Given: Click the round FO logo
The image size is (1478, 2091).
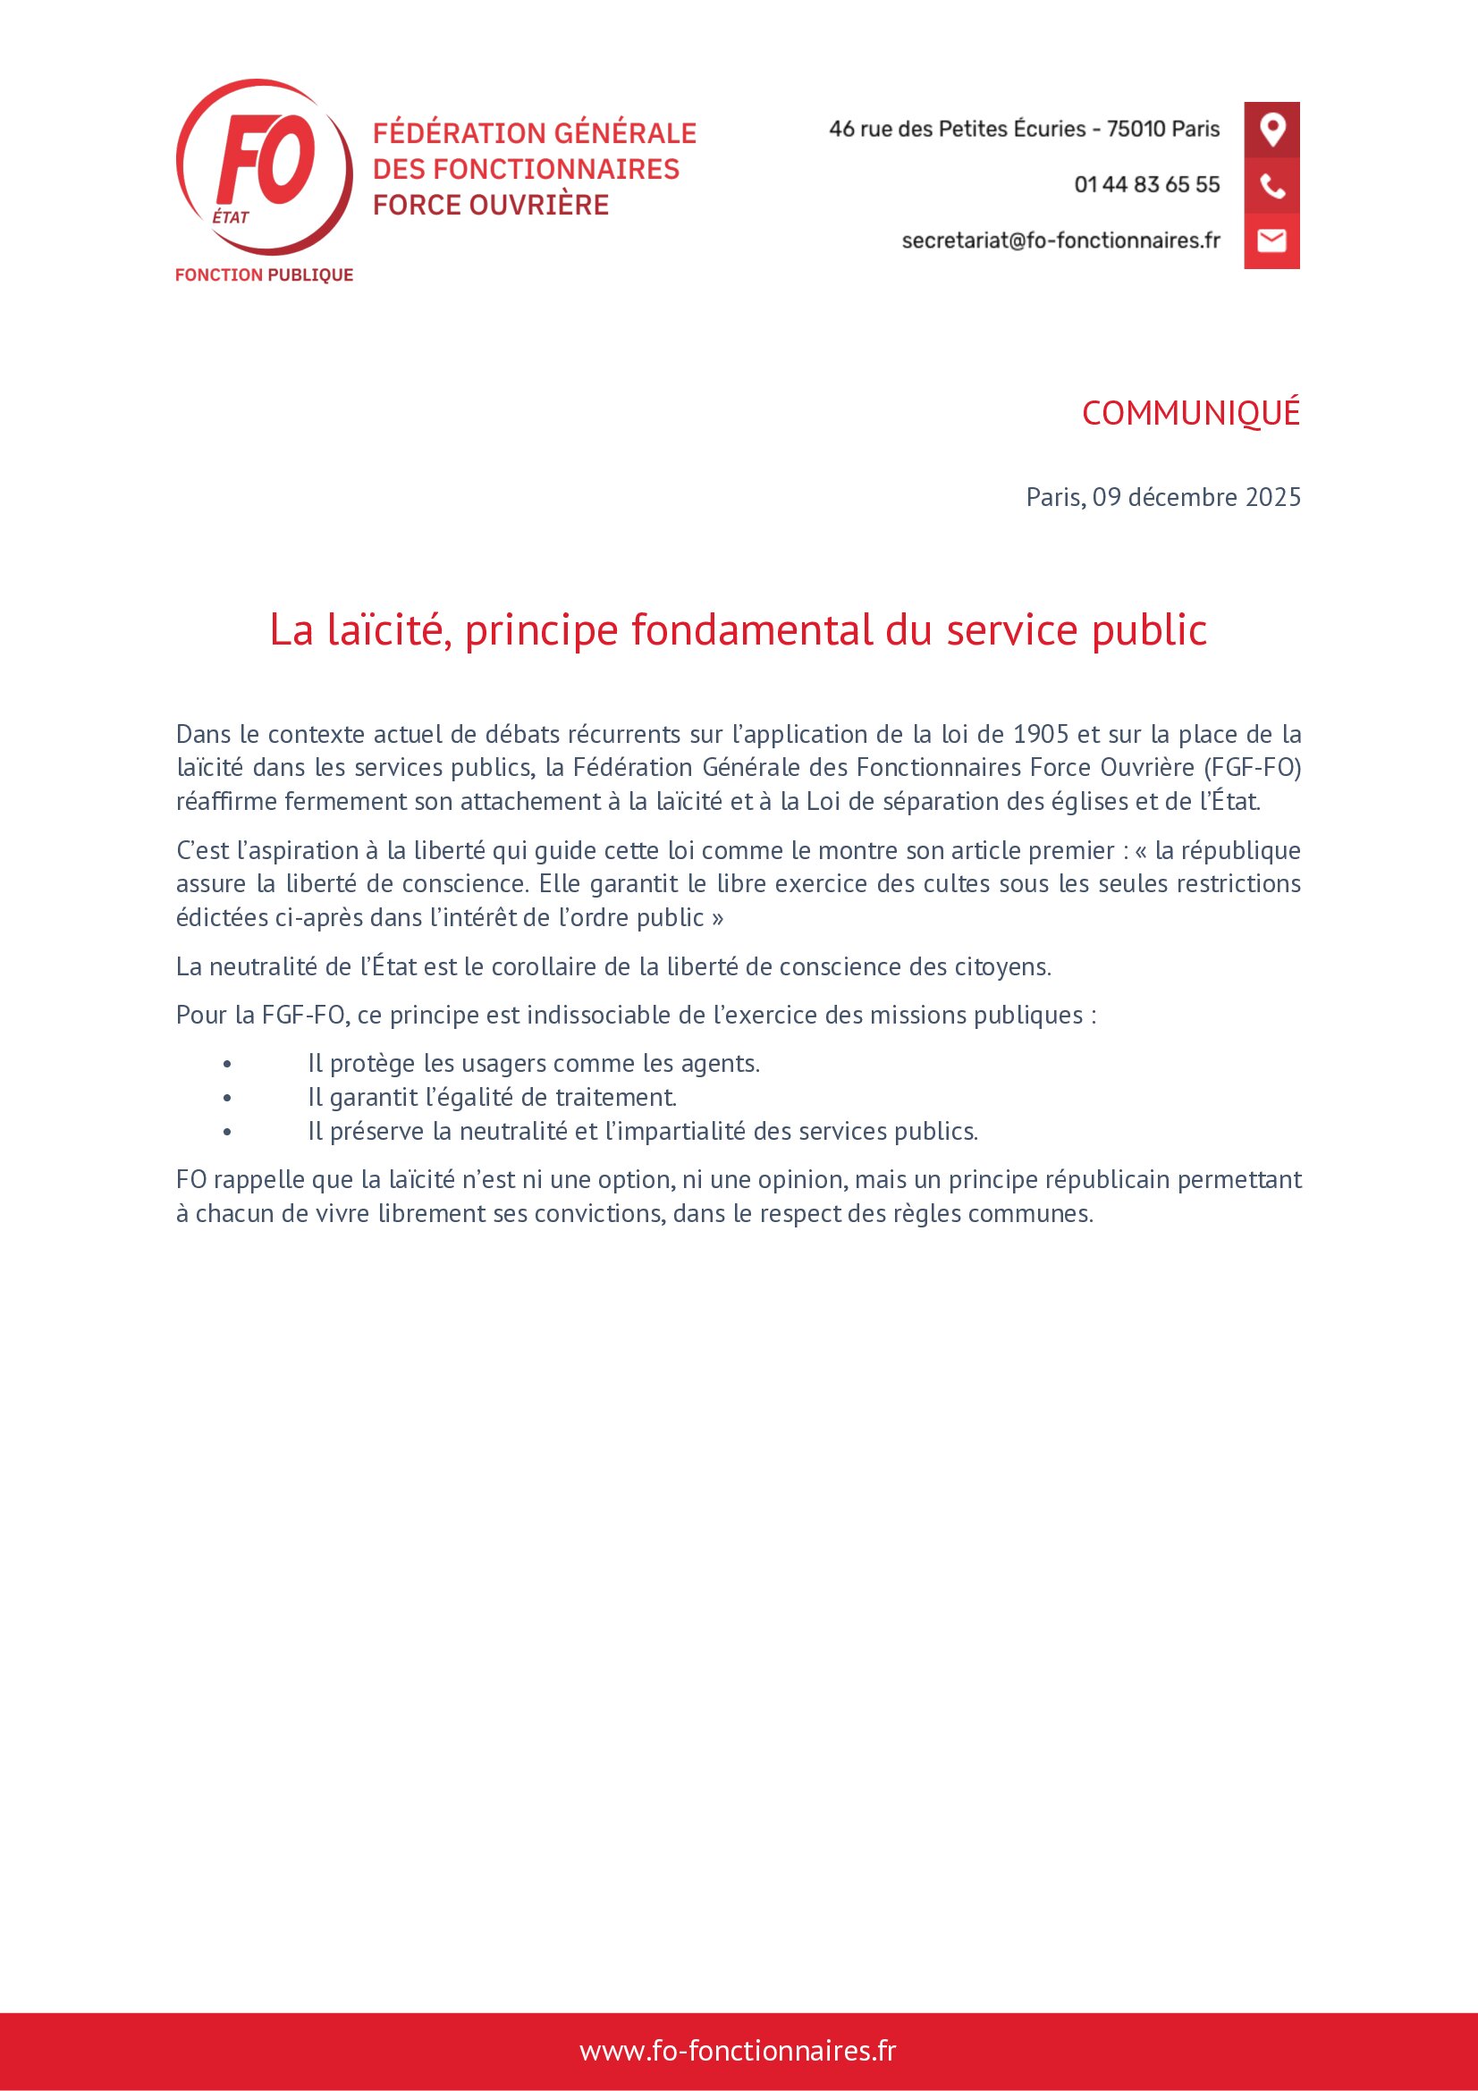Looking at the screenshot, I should point(264,166).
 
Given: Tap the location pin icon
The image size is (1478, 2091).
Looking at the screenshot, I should point(1271,130).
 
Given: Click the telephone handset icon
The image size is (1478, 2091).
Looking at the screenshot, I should point(1271,186).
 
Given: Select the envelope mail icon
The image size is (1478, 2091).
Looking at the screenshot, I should point(1271,240).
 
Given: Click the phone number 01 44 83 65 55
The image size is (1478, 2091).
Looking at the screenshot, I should point(1146,185).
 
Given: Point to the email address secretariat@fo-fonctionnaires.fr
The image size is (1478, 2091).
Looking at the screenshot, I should point(1060,240).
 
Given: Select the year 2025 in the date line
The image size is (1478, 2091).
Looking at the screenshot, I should point(1273,497).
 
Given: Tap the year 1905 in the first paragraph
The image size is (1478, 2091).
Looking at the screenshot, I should point(1041,734).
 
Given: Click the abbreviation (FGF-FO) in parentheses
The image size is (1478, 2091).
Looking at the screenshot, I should point(1252,768).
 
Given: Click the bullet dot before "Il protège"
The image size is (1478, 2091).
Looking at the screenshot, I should point(227,1065).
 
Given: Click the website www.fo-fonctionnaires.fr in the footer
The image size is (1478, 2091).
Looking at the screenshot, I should point(738,2051).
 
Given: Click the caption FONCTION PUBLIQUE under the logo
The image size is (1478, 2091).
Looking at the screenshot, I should point(264,275).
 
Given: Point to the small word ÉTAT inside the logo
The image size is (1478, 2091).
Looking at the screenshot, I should point(231,217).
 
